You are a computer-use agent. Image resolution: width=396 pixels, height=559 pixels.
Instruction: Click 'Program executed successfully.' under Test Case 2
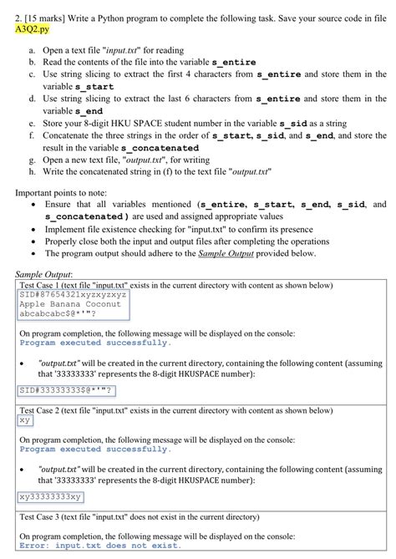[x=94, y=449]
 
